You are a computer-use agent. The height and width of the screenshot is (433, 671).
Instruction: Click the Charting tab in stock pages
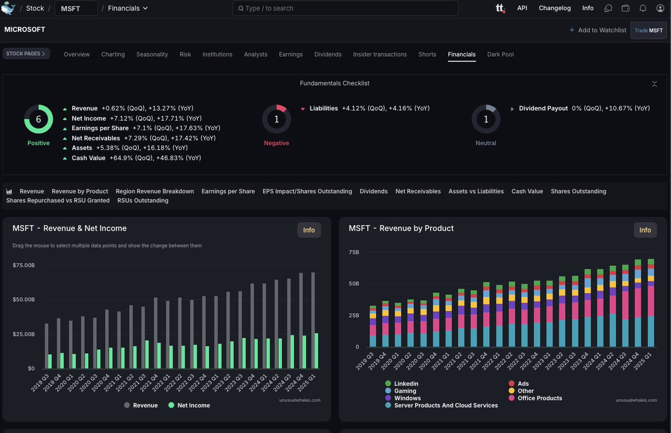(x=113, y=54)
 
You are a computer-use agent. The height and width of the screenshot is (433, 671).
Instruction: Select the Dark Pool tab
(x=500, y=54)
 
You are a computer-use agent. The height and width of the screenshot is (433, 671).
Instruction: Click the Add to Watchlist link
(x=597, y=30)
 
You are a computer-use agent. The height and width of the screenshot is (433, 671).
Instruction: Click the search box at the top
(x=345, y=8)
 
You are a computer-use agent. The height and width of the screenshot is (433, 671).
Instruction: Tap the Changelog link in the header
(x=554, y=8)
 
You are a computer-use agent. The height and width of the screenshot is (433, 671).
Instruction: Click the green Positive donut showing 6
(x=39, y=119)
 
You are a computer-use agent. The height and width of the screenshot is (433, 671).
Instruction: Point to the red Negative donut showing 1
(x=276, y=119)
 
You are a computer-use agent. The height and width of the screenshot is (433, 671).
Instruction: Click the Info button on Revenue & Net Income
(x=309, y=230)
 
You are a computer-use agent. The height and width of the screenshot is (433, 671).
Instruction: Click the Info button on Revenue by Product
(x=645, y=230)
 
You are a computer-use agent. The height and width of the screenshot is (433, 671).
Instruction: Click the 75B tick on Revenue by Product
(x=354, y=252)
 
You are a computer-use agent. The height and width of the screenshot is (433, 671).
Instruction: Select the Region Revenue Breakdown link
(x=155, y=191)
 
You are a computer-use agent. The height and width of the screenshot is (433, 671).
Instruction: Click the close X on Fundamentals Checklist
(x=654, y=84)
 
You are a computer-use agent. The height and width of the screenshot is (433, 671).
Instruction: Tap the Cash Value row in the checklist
(x=88, y=158)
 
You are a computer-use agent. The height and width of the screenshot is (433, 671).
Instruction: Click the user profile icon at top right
(x=660, y=8)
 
